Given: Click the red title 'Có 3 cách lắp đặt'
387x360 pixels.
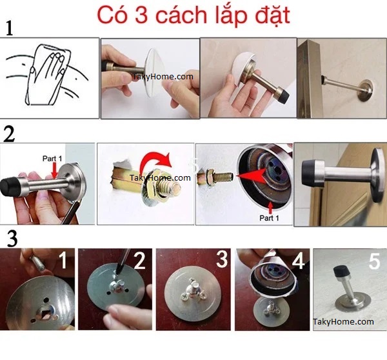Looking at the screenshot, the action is [193, 15].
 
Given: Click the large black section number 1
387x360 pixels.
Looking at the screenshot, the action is [9, 28].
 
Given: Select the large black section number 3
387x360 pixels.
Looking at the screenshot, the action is [12, 239].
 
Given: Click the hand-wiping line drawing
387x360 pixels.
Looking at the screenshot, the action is [47, 75].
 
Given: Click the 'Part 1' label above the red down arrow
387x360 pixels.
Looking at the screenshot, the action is [52, 159].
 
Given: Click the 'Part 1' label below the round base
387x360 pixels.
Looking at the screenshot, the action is [269, 218].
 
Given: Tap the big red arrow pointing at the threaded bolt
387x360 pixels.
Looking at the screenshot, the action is [252, 175].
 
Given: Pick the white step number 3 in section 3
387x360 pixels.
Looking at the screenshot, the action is [222, 259].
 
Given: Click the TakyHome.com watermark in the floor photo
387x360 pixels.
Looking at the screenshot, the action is [343, 321].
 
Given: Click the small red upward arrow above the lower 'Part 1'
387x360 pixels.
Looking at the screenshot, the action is [271, 208].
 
